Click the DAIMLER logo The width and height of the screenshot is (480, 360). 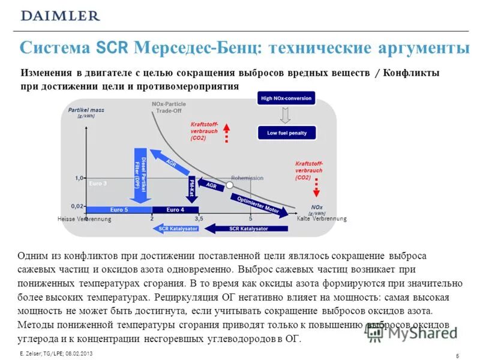(61, 16)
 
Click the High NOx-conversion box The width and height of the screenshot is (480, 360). (286, 98)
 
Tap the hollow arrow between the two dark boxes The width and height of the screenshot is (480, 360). (286, 115)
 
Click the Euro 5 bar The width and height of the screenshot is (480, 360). (119, 209)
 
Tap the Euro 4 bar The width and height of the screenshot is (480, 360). (176, 209)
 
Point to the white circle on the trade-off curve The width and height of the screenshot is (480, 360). (221, 185)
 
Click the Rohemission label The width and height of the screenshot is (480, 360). (247, 178)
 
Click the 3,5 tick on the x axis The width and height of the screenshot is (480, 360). (199, 218)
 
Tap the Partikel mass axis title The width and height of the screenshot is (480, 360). (82, 112)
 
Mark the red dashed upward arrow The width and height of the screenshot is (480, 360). (227, 133)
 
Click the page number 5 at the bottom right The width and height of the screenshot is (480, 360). (457, 356)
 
